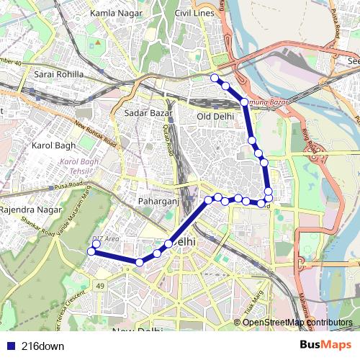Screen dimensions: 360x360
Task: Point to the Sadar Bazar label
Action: [x=146, y=113]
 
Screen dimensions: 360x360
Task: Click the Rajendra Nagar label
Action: [x=27, y=210]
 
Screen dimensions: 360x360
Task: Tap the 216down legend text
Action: [x=42, y=346]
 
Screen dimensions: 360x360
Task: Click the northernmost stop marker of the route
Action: [x=213, y=77]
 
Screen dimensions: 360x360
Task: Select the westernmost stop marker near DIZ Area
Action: [x=91, y=251]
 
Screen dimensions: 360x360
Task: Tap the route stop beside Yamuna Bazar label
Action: [x=245, y=102]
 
